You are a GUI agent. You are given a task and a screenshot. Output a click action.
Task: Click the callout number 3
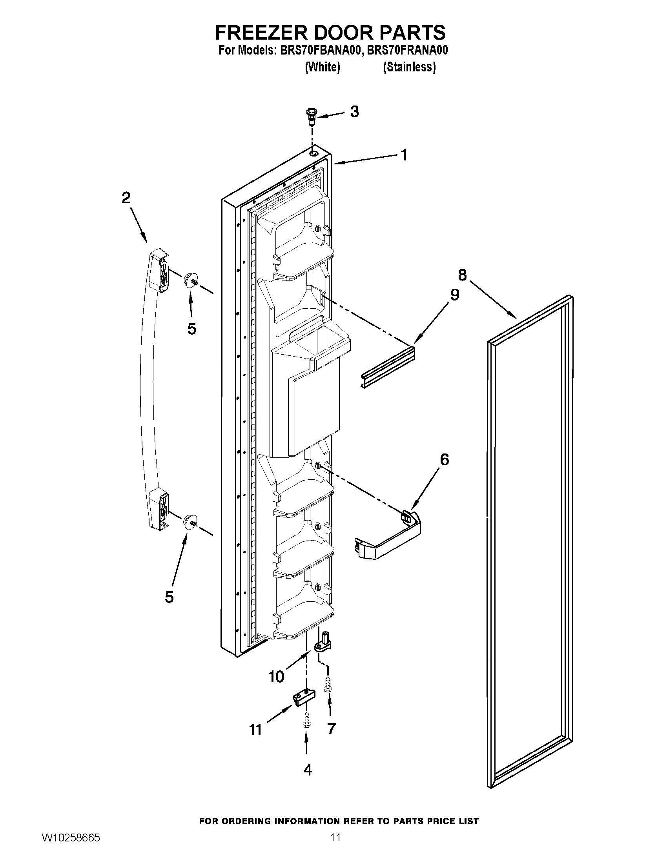coord(354,112)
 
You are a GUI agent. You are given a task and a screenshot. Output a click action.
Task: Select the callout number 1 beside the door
coord(403,155)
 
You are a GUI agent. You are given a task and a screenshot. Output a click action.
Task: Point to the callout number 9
coord(455,294)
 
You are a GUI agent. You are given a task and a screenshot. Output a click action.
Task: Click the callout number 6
coord(444,459)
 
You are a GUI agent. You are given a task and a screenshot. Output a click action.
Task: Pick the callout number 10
coord(276,677)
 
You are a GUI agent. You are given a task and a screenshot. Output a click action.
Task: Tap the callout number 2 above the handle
coord(126,198)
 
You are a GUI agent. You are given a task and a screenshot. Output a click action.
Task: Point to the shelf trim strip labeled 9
coord(388,367)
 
